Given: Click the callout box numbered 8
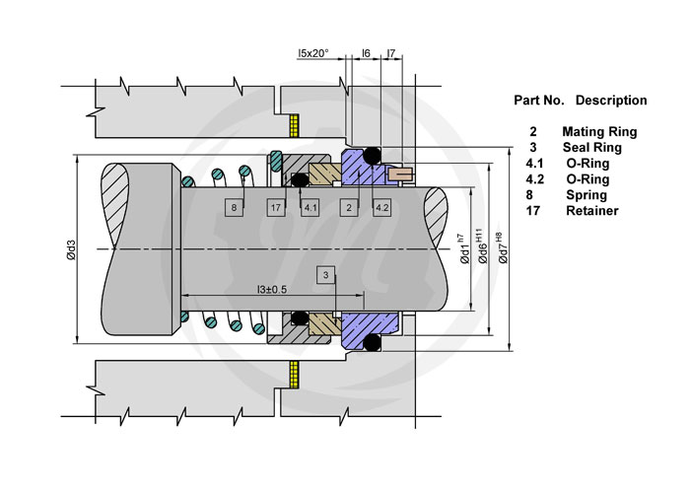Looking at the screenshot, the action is [x=234, y=207].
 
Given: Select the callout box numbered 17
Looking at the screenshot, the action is [x=275, y=207].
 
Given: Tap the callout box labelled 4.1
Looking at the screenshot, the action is [x=310, y=207].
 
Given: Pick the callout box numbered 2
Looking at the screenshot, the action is [x=349, y=207].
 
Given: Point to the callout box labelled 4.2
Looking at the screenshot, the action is [x=381, y=207].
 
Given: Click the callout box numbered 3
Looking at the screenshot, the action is [x=325, y=275].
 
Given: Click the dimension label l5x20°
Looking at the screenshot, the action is [x=313, y=53].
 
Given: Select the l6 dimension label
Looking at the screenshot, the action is [x=366, y=53].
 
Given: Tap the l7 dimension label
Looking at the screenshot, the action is [x=391, y=53].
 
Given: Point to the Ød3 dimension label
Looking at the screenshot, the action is [x=71, y=249].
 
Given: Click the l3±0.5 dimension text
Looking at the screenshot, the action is [x=271, y=289].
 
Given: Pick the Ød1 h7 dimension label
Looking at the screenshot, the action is [x=464, y=249].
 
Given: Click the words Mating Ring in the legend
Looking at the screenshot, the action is [x=599, y=131].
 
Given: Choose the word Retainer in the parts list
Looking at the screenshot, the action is [x=591, y=211].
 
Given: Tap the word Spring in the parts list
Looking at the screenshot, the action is [x=586, y=195].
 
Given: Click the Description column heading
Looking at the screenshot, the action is [x=611, y=101].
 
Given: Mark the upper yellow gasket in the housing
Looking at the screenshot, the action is [x=294, y=125].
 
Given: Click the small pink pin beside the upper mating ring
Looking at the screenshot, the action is [x=401, y=175].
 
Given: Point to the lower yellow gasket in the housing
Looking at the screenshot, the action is [x=294, y=375].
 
